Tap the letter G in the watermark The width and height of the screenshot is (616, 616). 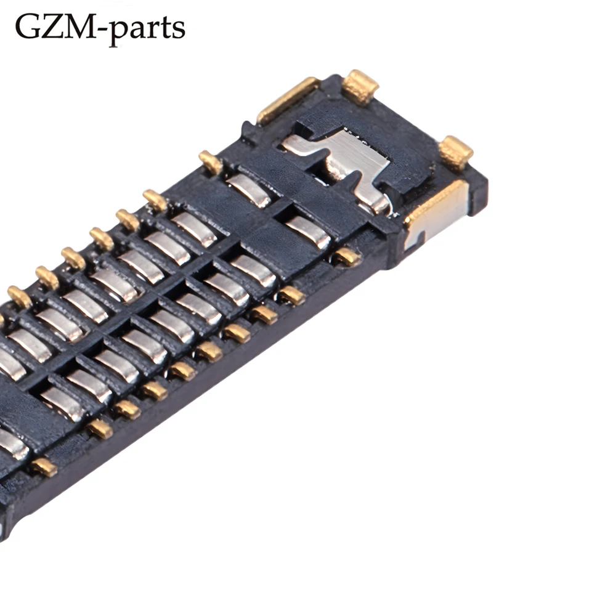[28, 26]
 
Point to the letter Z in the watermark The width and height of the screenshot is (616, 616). [55, 26]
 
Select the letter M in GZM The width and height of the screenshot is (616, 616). [83, 26]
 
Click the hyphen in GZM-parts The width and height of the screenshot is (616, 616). [103, 30]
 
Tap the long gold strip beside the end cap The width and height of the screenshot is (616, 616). [287, 99]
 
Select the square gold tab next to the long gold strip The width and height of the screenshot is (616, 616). [360, 86]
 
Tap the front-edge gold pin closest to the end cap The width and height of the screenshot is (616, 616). [347, 256]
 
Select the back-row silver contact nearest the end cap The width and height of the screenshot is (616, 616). [249, 190]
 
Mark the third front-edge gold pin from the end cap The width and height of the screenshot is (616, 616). [264, 314]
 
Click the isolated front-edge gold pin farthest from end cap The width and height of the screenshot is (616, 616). [43, 466]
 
